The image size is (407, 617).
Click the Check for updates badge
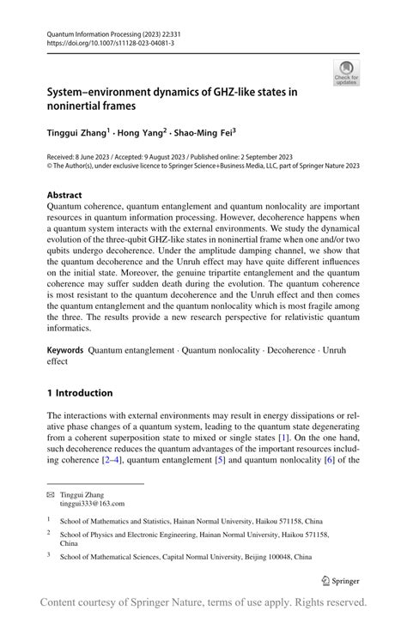[x=346, y=73]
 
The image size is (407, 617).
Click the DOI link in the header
[x=99, y=42]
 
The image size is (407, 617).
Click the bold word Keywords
[x=65, y=350]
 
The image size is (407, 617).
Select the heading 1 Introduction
[x=80, y=393]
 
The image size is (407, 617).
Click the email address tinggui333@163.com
[x=92, y=504]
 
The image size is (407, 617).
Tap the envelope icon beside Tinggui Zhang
[x=50, y=495]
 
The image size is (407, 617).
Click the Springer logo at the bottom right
[x=339, y=580]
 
